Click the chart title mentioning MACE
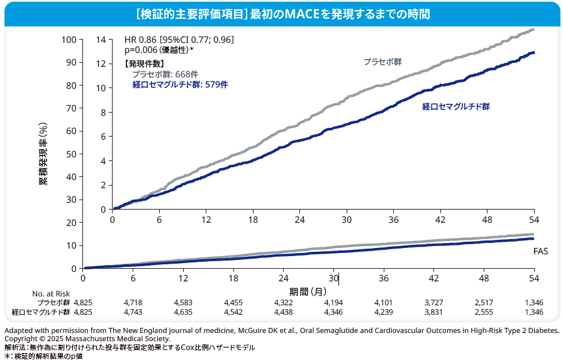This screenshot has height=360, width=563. click(281, 13)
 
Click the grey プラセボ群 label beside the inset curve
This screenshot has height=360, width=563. click(382, 62)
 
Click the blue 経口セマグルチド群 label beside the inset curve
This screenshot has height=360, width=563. click(455, 107)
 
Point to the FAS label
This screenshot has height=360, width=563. click(540, 251)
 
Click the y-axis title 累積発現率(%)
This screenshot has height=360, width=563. click(43, 155)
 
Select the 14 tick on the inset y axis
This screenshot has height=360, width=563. click(101, 40)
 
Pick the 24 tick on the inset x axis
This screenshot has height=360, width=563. click(299, 219)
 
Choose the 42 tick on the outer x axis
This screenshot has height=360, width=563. click(433, 278)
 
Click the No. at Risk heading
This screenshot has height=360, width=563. click(50, 293)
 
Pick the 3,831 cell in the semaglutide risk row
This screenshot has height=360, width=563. click(434, 312)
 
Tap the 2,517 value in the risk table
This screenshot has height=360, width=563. click(484, 302)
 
